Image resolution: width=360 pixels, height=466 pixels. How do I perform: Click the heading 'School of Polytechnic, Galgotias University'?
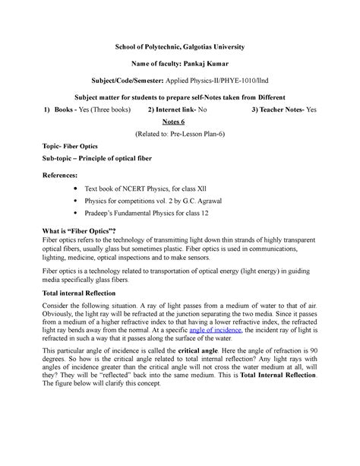(179, 47)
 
